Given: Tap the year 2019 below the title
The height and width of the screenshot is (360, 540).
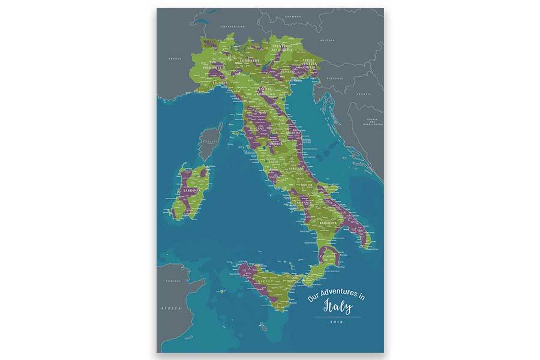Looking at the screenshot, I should click(335, 322).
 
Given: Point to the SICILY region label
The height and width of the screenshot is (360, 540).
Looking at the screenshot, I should click(265, 280).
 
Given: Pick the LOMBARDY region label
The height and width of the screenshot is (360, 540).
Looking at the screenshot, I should click(247, 60).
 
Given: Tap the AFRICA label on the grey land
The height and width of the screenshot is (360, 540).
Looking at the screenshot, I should click(171, 307).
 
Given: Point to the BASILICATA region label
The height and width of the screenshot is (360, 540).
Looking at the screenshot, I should click(331, 223).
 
